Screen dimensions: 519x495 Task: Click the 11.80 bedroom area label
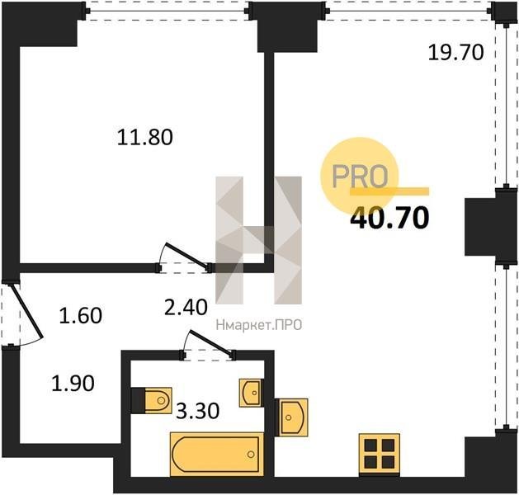145,137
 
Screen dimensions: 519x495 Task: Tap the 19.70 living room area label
455,52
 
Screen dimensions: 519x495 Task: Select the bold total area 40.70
389,218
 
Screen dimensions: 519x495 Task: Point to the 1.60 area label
80,315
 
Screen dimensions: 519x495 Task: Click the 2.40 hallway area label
186,307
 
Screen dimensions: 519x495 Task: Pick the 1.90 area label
73,384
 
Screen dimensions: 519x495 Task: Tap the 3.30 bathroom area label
198,412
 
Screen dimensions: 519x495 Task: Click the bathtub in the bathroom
217,455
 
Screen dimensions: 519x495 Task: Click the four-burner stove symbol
380,455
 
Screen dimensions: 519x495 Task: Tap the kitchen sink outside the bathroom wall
291,417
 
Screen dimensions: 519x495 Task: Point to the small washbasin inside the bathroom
251,393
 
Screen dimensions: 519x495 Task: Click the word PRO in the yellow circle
360,176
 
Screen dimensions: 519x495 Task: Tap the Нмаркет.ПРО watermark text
259,325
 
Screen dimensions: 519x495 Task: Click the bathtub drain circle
251,455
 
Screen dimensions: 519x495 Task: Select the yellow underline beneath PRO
389,191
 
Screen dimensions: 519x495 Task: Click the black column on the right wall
482,227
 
